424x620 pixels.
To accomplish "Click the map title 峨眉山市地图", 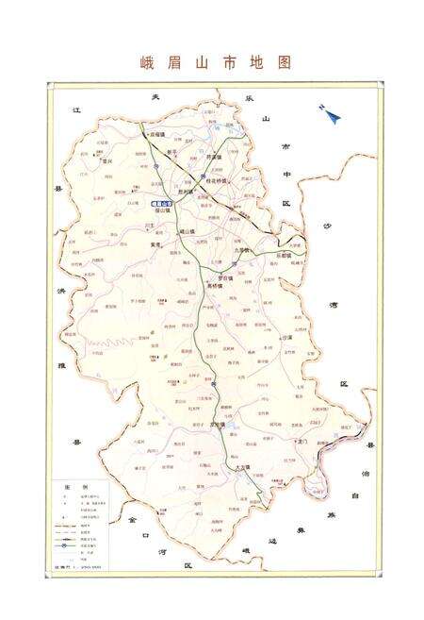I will click(x=211, y=63).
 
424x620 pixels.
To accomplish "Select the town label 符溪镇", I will click(x=214, y=157).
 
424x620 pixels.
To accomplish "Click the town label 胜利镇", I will click(x=182, y=191).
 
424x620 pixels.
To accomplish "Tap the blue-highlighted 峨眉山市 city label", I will click(x=163, y=202).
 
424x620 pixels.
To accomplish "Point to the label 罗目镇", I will click(x=226, y=278).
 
